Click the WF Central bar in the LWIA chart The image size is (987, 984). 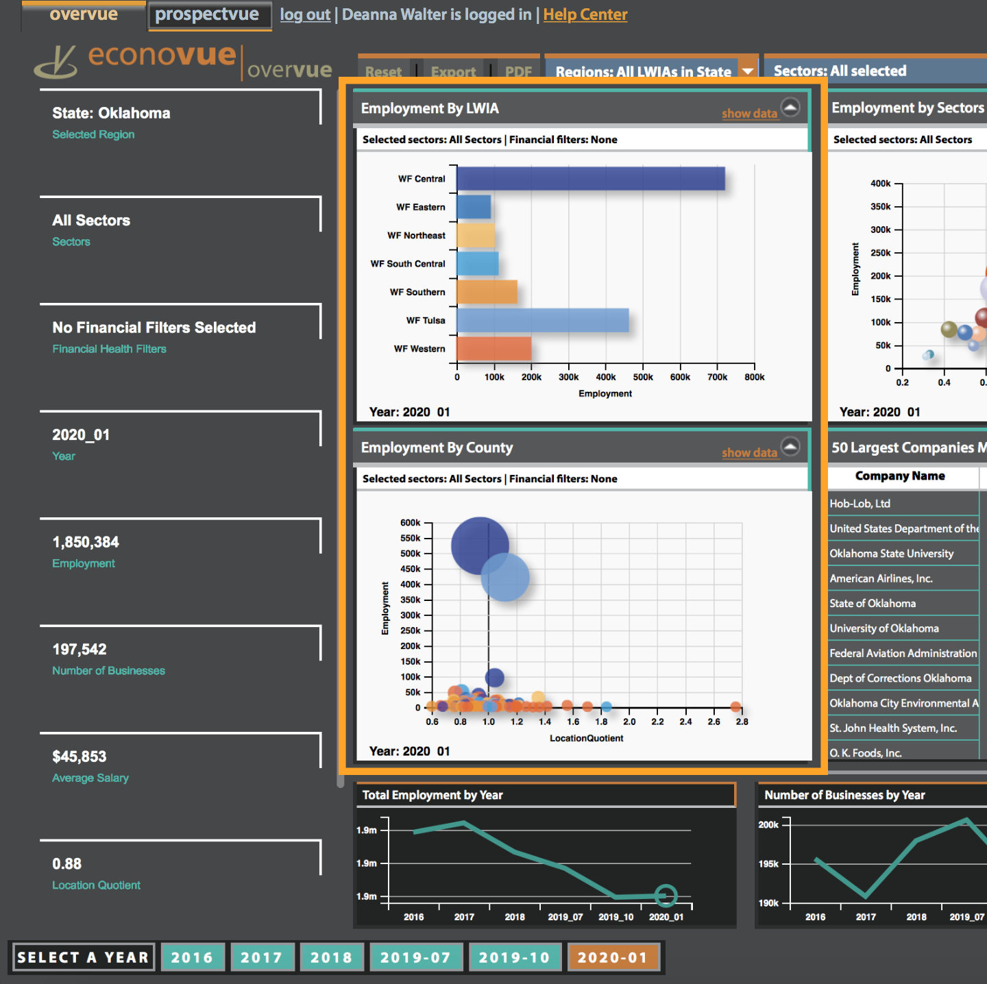point(590,179)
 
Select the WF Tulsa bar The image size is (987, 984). point(542,321)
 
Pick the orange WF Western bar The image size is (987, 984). point(493,349)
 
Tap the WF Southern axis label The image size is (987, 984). point(417,293)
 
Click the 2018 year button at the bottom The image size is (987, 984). point(331,957)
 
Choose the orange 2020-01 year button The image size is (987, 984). point(612,957)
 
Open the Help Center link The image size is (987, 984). point(585,14)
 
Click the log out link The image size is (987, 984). point(305,14)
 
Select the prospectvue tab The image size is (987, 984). point(207,14)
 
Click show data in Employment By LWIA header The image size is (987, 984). point(749,114)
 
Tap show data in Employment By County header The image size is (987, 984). point(749,453)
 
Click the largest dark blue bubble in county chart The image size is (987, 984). point(479,545)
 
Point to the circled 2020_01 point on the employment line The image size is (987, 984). point(666,895)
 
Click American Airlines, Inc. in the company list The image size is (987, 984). point(881,578)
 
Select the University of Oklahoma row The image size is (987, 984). point(884,628)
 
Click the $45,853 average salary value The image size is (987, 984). point(80,757)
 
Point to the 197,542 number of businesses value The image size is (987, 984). point(80,650)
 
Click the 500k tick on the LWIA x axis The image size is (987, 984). point(643,377)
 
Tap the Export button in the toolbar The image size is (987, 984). point(453,71)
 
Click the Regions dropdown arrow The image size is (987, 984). point(748,71)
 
